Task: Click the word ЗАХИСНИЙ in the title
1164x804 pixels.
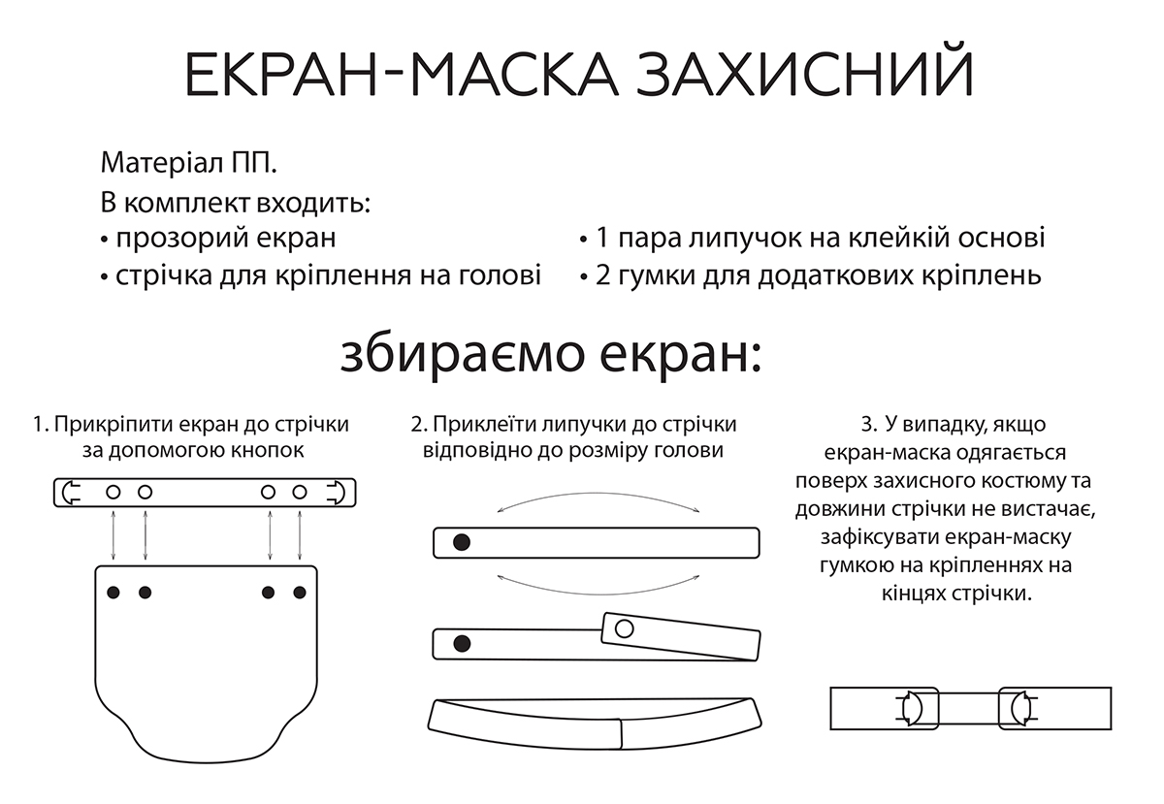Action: (804, 75)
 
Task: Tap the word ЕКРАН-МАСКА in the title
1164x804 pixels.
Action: (402, 75)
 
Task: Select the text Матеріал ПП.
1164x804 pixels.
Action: (188, 163)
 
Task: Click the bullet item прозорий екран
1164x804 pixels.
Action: (219, 238)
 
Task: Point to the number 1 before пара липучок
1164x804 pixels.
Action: (601, 238)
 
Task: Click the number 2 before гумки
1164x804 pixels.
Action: (602, 274)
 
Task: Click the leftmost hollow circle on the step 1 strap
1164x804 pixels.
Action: (113, 492)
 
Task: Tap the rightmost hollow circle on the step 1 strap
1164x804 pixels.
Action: (300, 492)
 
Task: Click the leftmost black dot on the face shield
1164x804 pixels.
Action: (113, 592)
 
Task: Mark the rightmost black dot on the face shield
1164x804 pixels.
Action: (300, 592)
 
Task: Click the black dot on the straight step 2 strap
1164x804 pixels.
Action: (462, 542)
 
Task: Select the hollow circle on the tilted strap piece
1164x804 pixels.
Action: (624, 628)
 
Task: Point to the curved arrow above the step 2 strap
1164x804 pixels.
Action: (598, 494)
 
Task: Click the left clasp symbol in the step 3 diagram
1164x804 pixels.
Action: (911, 708)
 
